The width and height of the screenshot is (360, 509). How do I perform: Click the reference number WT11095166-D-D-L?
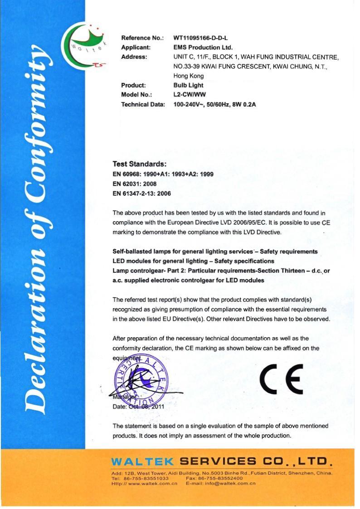pyautogui.click(x=200, y=38)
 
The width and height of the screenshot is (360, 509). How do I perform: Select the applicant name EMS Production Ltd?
pyautogui.click(x=203, y=47)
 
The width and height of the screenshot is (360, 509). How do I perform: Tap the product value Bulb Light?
pyautogui.click(x=188, y=85)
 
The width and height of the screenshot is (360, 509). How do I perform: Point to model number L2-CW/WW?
pyautogui.click(x=190, y=95)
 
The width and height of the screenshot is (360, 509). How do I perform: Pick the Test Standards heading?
pyautogui.click(x=140, y=164)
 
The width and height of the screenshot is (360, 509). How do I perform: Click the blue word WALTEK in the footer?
pyautogui.click(x=142, y=462)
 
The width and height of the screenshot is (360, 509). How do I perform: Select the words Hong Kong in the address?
pyautogui.click(x=189, y=76)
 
